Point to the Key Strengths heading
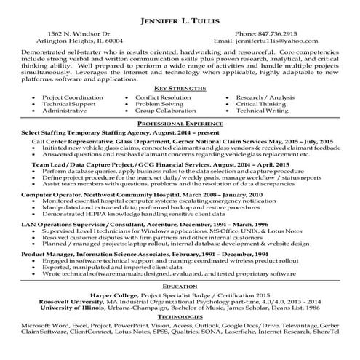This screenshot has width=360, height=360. click(x=180, y=87)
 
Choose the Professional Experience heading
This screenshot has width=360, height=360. click(x=180, y=124)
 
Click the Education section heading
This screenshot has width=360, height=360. click(x=180, y=287)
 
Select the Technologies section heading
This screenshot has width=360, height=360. click(x=180, y=317)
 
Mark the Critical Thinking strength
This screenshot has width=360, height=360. click(x=277, y=105)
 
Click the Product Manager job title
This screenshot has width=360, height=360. click(x=48, y=252)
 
